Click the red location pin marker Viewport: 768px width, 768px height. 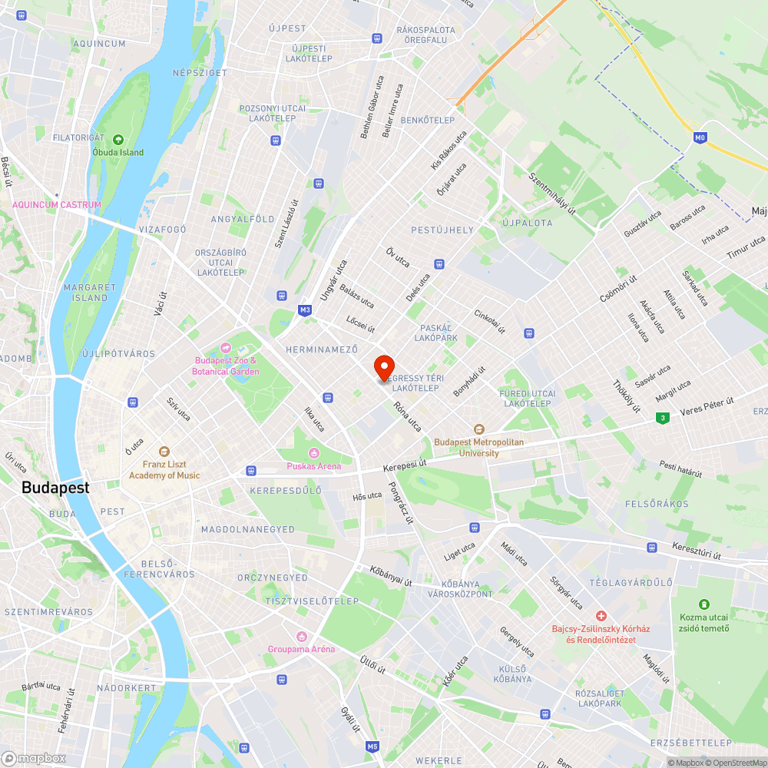[x=383, y=367]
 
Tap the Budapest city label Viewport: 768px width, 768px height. [x=55, y=488]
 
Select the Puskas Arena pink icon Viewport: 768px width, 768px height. [x=313, y=452]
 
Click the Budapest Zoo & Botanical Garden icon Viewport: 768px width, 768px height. [x=226, y=348]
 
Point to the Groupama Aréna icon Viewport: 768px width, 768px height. [x=301, y=636]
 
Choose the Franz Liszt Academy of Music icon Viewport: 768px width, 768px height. [x=164, y=452]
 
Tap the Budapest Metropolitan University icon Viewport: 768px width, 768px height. [x=478, y=429]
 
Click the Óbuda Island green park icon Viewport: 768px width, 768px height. [x=118, y=140]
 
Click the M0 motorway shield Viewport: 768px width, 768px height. [x=699, y=137]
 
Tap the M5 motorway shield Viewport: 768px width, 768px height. [x=372, y=746]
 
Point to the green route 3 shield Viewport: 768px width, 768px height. [x=660, y=418]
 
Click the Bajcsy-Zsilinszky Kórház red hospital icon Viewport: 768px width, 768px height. [x=601, y=616]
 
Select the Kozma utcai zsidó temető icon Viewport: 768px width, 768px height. [x=704, y=604]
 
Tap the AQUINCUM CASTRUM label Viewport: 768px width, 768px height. [x=57, y=205]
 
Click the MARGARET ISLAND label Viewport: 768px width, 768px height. [x=90, y=292]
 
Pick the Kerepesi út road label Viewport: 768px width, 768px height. [x=404, y=465]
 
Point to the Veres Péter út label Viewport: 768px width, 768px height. [x=707, y=404]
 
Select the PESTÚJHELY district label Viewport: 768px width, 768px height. [x=442, y=230]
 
